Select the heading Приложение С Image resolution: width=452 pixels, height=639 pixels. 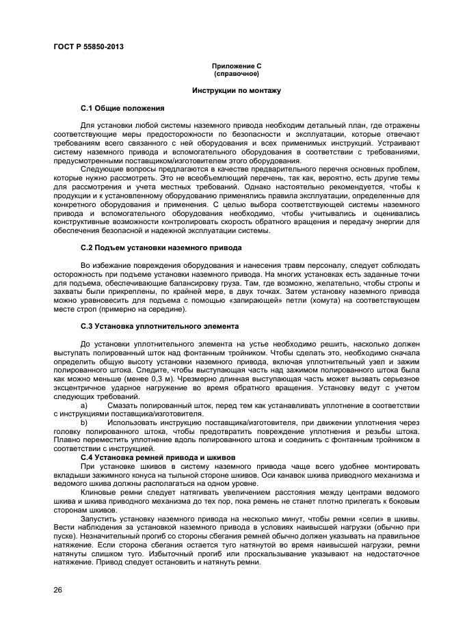click(236, 66)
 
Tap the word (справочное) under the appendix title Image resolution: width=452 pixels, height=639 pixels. click(236, 72)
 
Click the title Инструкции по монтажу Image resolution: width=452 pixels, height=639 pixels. click(236, 90)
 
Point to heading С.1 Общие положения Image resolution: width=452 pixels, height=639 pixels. click(122, 108)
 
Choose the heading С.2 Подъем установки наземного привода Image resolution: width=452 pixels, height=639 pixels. click(161, 247)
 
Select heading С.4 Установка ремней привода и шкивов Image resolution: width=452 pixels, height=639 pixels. click(158, 457)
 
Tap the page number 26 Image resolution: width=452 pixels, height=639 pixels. click(58, 589)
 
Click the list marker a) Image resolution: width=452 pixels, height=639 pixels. click(85, 405)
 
